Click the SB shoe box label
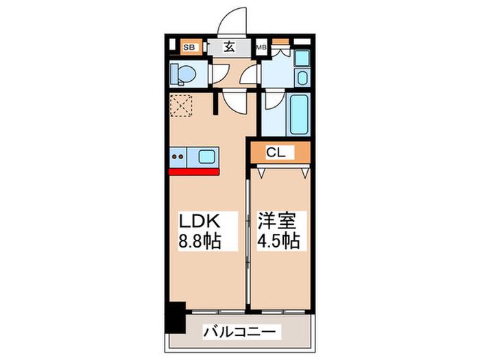click(x=189, y=47)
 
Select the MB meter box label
click(x=261, y=47)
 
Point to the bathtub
click(x=298, y=115)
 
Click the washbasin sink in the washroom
click(x=302, y=78)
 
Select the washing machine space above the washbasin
click(x=302, y=58)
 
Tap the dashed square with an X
click(x=181, y=106)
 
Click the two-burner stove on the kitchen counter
click(x=178, y=157)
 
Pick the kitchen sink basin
click(x=206, y=157)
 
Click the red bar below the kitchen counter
click(x=194, y=171)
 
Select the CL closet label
click(x=276, y=152)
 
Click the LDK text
click(x=200, y=221)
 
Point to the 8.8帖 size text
click(x=200, y=241)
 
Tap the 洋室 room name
click(x=277, y=221)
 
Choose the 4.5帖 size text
click(x=278, y=241)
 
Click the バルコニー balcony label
click(x=241, y=331)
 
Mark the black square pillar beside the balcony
click(x=176, y=317)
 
